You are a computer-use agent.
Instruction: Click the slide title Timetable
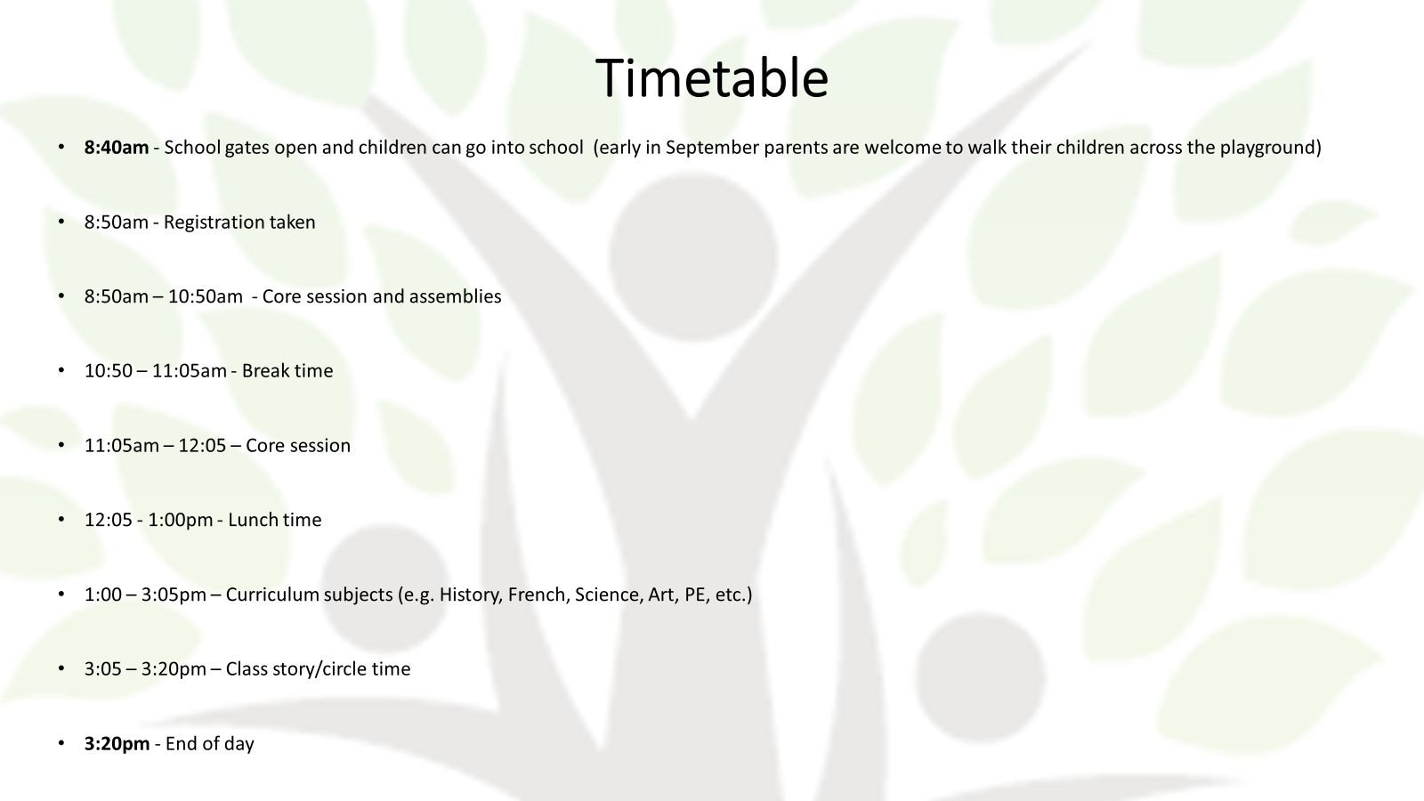tap(712, 77)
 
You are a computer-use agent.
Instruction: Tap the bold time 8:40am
tap(117, 148)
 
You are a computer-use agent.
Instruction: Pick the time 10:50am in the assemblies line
tap(206, 296)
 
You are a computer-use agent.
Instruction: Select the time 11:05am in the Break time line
tap(190, 370)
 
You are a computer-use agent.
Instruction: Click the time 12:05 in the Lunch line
tap(108, 520)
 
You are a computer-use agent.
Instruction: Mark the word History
tap(469, 595)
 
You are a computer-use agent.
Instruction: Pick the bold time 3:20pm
tap(117, 744)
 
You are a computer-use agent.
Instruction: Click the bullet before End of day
tap(61, 742)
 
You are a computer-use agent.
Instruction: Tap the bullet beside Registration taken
tap(61, 222)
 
